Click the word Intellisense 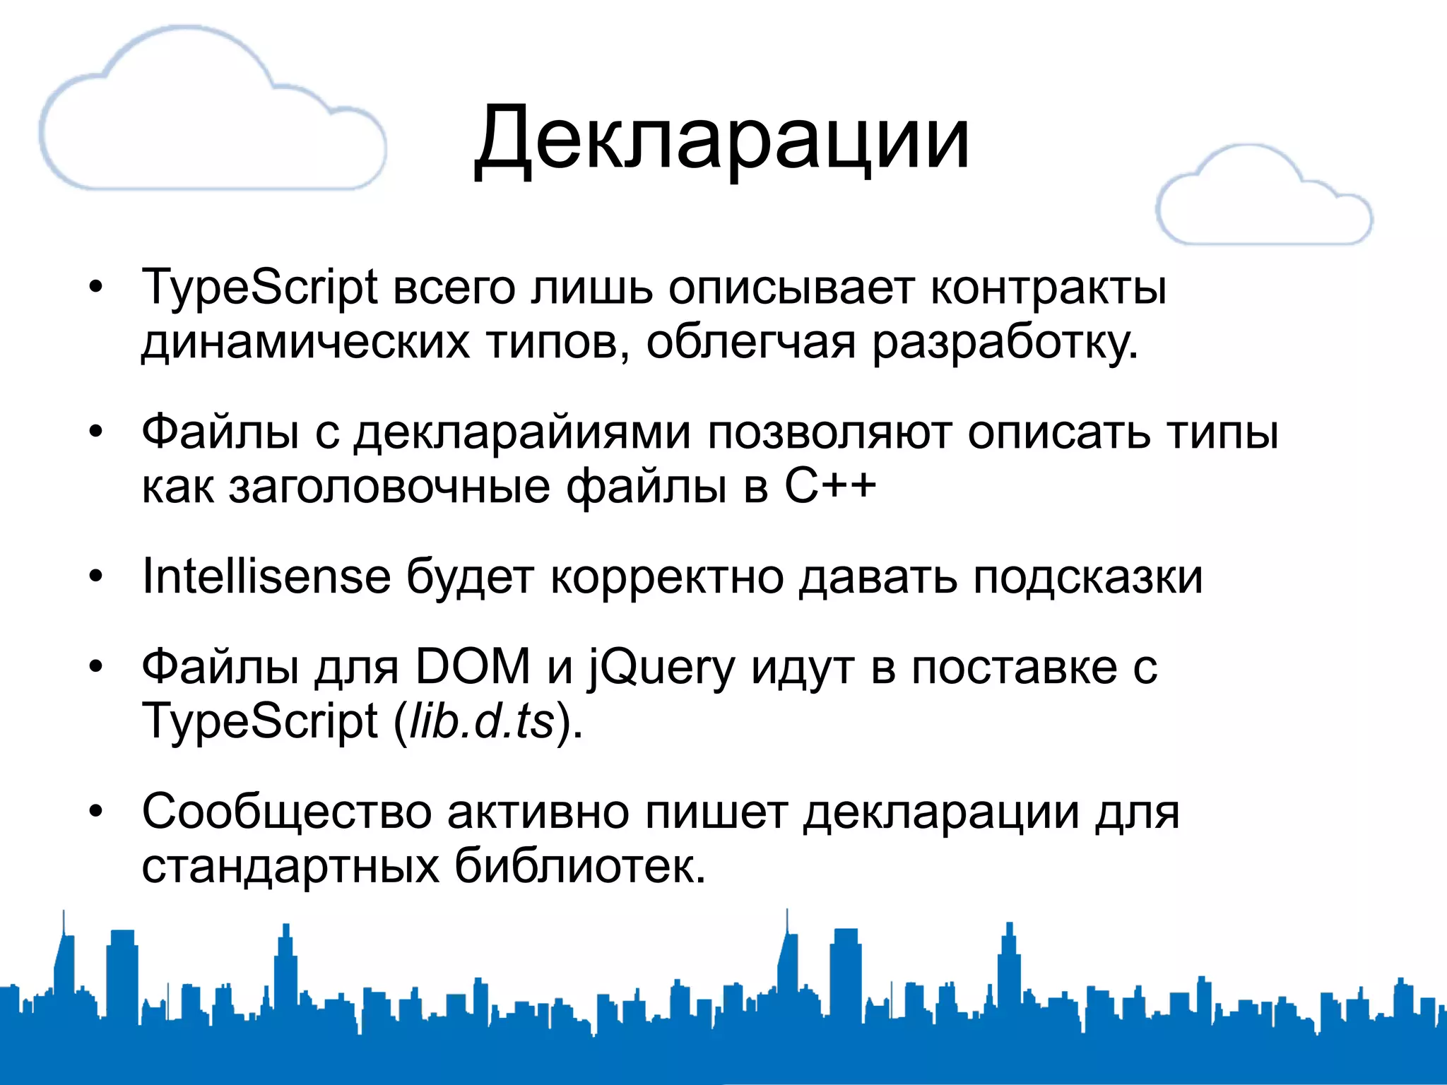click(x=266, y=577)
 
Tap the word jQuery click(x=662, y=668)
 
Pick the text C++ click(x=830, y=487)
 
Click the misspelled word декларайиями click(x=522, y=433)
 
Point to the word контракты click(x=1049, y=289)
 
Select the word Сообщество click(x=286, y=812)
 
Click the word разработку click(x=1005, y=343)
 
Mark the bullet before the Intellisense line click(x=96, y=577)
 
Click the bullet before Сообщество click(x=96, y=812)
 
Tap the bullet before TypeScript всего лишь click(x=96, y=287)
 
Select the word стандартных click(x=290, y=867)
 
